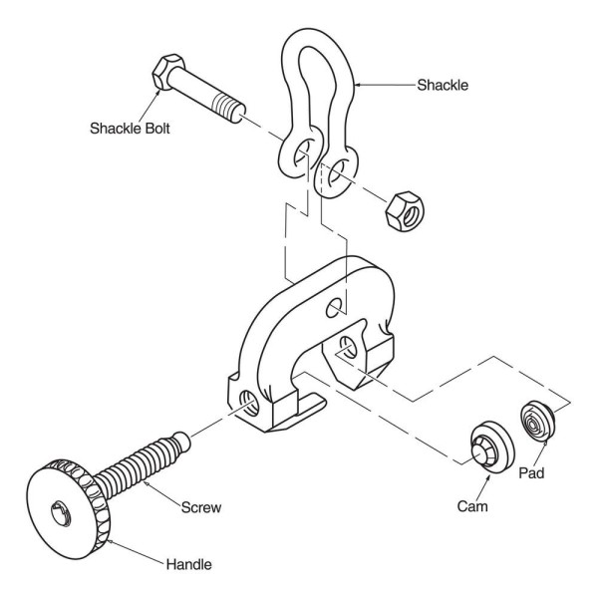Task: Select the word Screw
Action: point(201,506)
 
